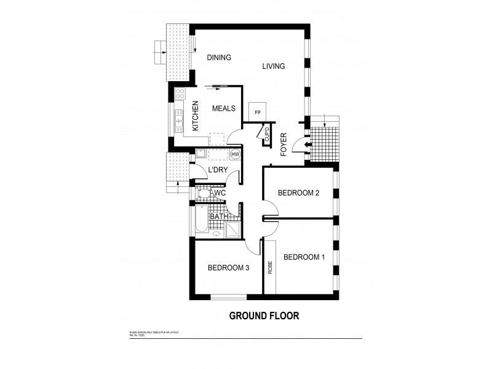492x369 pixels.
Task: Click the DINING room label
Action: pos(218,58)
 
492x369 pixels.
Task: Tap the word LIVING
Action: pos(273,66)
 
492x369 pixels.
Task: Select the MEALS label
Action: pos(224,109)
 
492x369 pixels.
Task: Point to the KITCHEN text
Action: pos(196,116)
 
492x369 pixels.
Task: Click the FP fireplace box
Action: pos(257,113)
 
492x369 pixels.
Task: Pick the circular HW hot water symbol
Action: pos(235,154)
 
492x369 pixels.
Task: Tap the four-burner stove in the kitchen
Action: pos(180,94)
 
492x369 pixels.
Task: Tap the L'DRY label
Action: pos(218,170)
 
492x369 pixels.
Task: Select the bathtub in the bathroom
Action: pos(202,220)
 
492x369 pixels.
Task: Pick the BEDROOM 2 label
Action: pos(298,193)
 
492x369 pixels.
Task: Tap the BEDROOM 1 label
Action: pos(303,257)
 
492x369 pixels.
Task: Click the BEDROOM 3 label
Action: pos(228,268)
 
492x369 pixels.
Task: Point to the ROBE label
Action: pos(269,268)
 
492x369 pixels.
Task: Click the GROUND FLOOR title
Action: pos(264,316)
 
